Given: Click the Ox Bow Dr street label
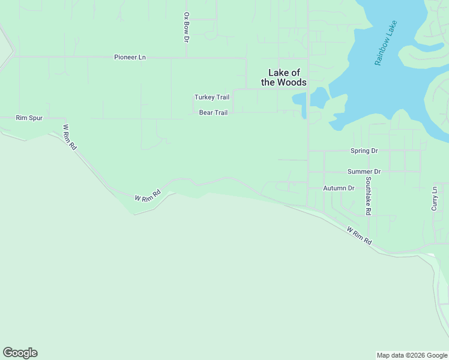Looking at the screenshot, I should point(186,27).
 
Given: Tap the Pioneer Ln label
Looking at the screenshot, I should point(130,57).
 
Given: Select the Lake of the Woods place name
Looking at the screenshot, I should point(284,78).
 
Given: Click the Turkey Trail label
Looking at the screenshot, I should point(212,97).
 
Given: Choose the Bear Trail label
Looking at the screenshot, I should point(213,112).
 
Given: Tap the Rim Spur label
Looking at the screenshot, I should point(29,118).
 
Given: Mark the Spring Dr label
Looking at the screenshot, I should point(364,151).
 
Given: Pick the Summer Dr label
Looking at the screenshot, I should point(364,172).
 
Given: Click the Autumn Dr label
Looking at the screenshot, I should point(339,188).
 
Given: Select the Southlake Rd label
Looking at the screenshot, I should point(368,196).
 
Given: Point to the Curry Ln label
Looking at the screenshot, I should point(434,198).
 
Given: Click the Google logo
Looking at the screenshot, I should point(20,353).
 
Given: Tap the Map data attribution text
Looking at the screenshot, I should point(412,355).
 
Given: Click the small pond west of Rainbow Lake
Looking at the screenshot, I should point(318,97).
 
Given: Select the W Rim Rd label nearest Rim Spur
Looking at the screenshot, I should point(70,137).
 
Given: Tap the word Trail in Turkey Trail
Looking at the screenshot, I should point(221,97).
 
